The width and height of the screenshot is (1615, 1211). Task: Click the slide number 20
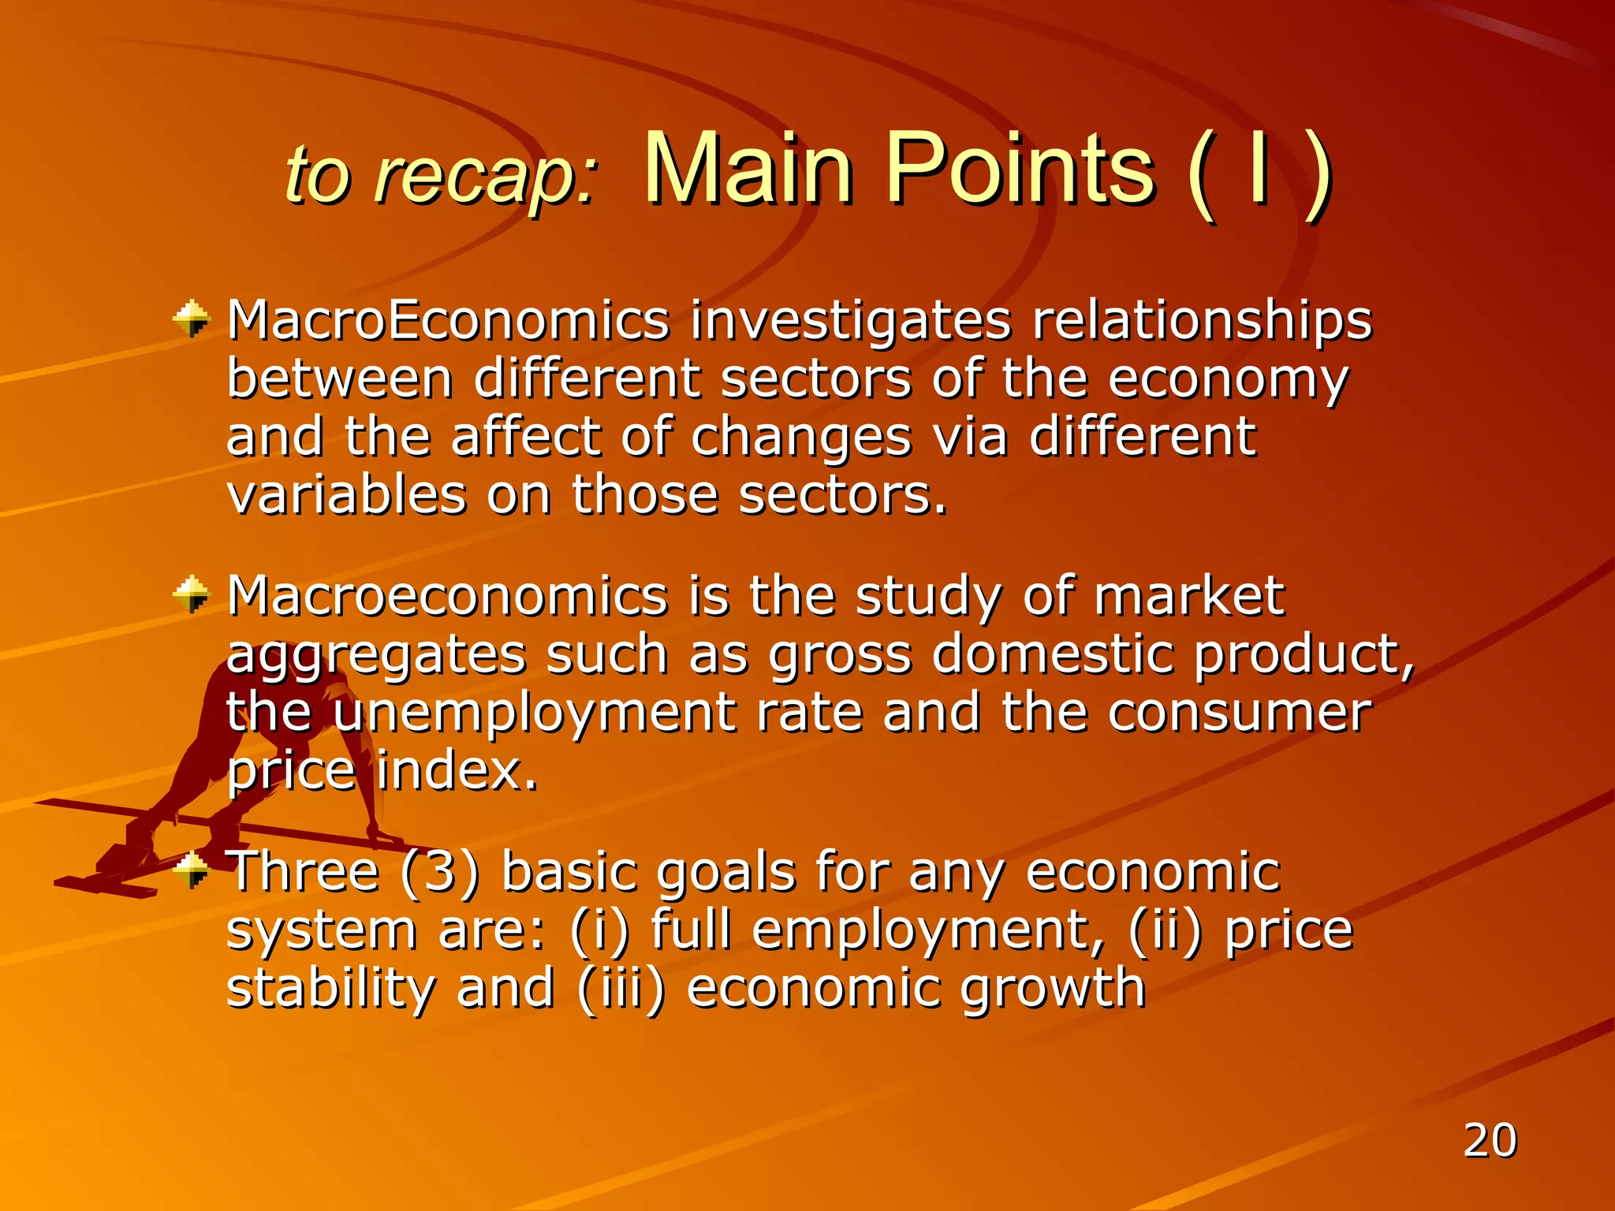coord(1490,1140)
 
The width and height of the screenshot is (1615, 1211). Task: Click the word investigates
coord(850,322)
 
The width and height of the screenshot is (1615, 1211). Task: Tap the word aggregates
coord(375,656)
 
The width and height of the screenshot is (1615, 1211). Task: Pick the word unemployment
coord(534,714)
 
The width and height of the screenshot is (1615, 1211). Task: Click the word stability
coord(330,989)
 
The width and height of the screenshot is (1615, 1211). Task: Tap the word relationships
coord(1203,322)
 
